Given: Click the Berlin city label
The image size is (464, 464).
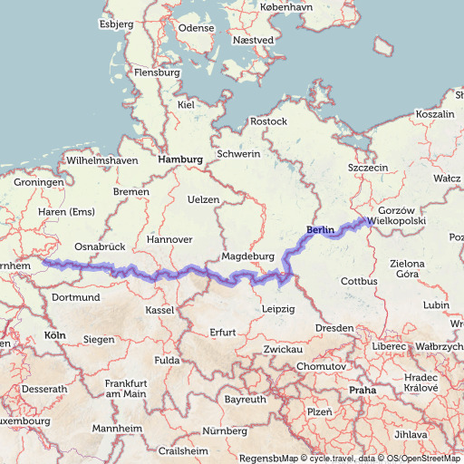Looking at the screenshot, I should pos(321,230).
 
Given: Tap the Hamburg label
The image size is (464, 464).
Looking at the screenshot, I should pos(180,159).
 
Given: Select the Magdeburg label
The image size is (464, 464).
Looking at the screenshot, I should pos(247,256).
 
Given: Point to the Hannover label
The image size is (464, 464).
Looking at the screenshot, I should pos(169,240).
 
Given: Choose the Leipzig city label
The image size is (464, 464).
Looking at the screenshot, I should pos(277,309).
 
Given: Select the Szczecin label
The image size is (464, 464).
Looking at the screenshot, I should pos(368,168).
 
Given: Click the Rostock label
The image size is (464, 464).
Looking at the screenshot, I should pos(268,121).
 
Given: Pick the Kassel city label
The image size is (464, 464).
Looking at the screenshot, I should pos(159,310).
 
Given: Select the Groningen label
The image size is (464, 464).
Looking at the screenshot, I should pos(38,182).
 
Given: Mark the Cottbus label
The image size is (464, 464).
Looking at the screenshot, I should pos(359,282).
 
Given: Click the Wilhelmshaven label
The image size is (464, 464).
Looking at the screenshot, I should pos(101,160).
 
